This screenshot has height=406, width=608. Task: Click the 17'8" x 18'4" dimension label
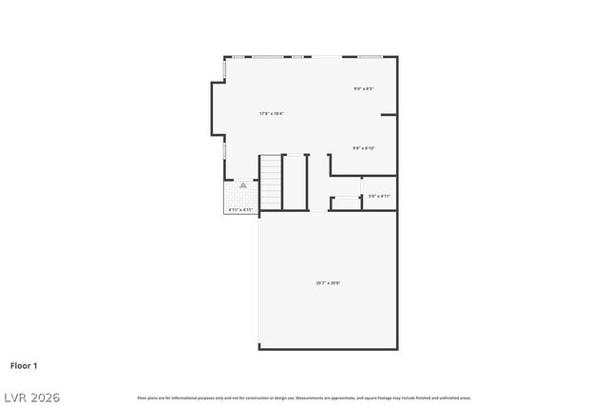coord(272,113)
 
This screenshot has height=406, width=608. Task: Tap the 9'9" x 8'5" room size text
coord(363,89)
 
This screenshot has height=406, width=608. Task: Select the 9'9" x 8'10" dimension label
coord(363,147)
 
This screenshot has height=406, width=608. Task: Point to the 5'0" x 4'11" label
coord(379,196)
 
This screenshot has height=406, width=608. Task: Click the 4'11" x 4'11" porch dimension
coord(240,209)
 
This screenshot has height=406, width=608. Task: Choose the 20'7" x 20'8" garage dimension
coord(328,282)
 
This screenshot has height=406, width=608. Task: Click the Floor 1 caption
coord(24,365)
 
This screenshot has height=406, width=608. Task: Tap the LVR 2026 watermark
coord(30,396)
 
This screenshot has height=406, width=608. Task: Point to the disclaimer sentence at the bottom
coord(304,397)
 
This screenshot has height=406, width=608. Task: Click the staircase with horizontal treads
coord(271,183)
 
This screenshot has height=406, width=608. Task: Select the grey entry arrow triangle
coord(243,185)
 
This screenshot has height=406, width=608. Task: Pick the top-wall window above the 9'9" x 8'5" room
coord(370,57)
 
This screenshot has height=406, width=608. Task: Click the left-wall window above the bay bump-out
coord(224,69)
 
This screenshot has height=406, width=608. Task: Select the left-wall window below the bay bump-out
coord(224,149)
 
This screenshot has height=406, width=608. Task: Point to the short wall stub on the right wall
coord(389,115)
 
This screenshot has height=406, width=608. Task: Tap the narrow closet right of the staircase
coord(294,183)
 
